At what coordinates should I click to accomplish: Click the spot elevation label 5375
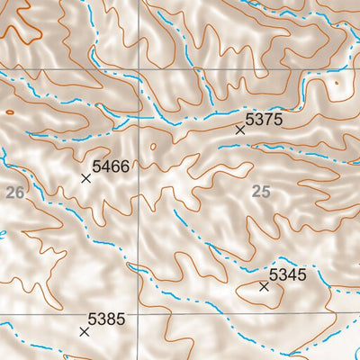pyautogui.click(x=264, y=118)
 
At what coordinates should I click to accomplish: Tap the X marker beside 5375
pyautogui.click(x=240, y=130)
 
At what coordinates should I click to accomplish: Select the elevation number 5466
pyautogui.click(x=111, y=166)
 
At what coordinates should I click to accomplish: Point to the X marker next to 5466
pyautogui.click(x=86, y=178)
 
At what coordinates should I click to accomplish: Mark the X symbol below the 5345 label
pyautogui.click(x=264, y=287)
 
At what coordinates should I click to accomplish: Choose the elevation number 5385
pyautogui.click(x=106, y=319)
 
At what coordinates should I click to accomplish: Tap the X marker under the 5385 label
pyautogui.click(x=85, y=331)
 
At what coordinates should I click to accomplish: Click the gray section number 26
pyautogui.click(x=14, y=192)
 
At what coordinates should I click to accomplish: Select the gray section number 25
pyautogui.click(x=261, y=191)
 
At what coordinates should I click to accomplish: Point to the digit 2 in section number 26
pyautogui.click(x=10, y=192)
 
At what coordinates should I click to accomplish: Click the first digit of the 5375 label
pyautogui.click(x=250, y=118)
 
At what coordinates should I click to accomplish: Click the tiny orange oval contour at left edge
pyautogui.click(x=9, y=112)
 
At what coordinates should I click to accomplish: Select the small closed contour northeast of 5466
pyautogui.click(x=152, y=144)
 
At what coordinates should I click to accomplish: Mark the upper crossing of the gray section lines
pyautogui.click(x=140, y=70)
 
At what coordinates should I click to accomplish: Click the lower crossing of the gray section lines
pyautogui.click(x=140, y=315)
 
